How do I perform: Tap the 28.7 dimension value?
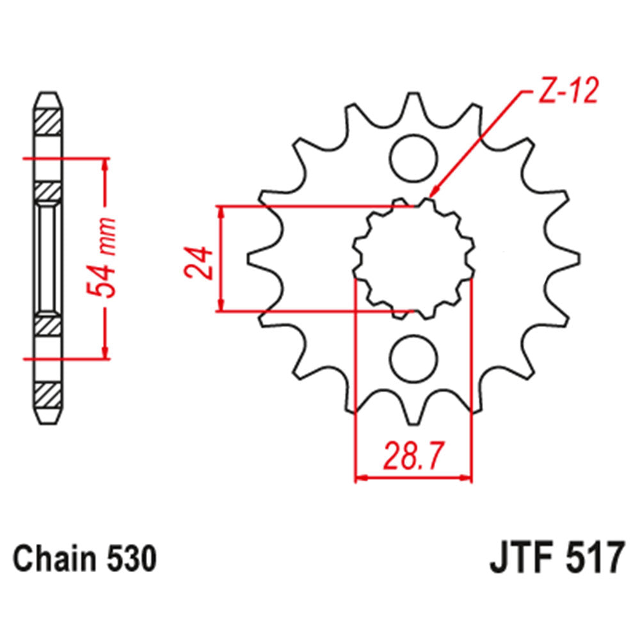[413, 455]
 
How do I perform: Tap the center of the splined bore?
[413, 259]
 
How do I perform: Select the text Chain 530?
[84, 559]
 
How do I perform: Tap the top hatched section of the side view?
[49, 122]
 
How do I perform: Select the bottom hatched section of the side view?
[49, 396]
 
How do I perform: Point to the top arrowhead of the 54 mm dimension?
[106, 163]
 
